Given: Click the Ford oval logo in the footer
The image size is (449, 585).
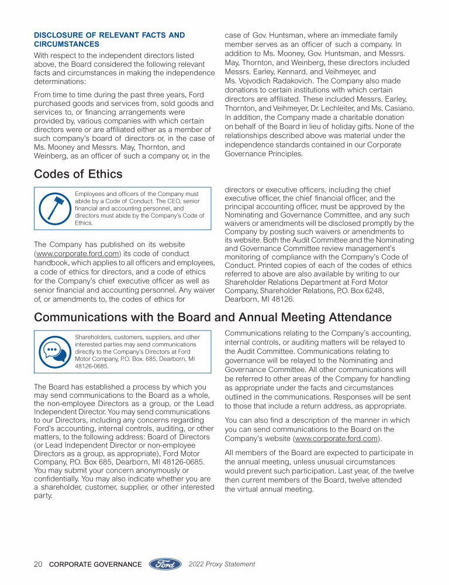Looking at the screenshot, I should (165, 565).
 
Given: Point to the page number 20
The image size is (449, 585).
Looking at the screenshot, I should (38, 565).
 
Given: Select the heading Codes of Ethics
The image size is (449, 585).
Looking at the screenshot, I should (78, 174).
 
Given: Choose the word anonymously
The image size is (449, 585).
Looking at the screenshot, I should (149, 470).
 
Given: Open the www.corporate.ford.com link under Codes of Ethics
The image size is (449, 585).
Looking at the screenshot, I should (78, 253).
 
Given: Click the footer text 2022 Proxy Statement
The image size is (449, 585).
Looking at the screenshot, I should (222, 565).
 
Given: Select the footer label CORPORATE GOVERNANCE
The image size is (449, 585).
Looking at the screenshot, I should (95, 565).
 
